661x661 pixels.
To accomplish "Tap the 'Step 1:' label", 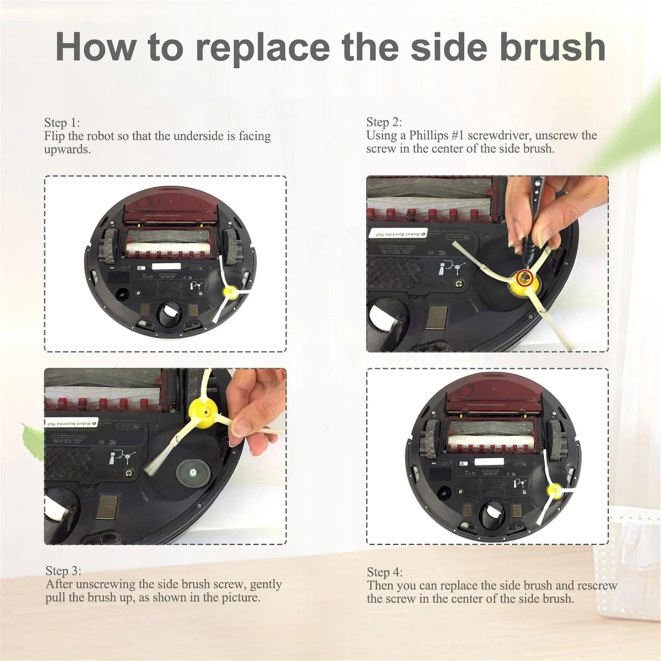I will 62,123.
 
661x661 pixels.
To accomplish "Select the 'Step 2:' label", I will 384,122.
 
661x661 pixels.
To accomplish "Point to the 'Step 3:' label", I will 63,571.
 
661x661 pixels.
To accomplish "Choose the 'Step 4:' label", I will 385,572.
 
